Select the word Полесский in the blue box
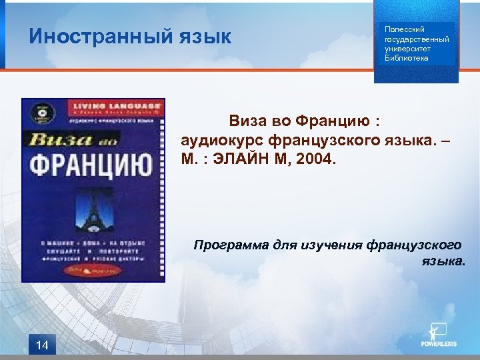[399, 29]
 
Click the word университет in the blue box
[407, 49]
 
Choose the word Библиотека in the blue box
[407, 58]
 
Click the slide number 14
[43, 345]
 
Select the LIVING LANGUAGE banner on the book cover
[116, 105]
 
